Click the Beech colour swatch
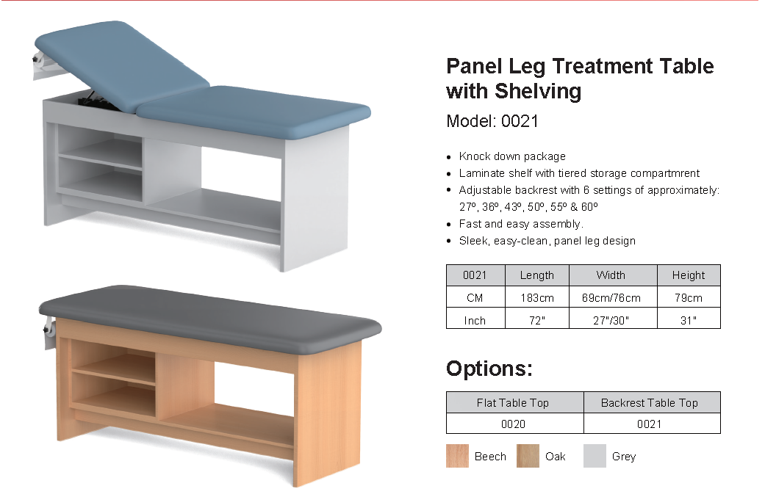[457, 456]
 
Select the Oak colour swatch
[528, 456]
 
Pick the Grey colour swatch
[595, 456]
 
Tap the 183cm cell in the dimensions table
[537, 298]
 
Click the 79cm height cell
[689, 298]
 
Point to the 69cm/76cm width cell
[611, 298]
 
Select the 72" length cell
[537, 320]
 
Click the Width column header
[611, 275]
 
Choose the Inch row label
[475, 320]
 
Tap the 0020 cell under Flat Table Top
[513, 424]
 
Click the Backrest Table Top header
[650, 403]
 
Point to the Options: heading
[489, 369]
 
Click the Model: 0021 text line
[492, 121]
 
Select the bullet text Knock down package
[512, 156]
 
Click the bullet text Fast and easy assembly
[521, 224]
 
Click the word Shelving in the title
[538, 91]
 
